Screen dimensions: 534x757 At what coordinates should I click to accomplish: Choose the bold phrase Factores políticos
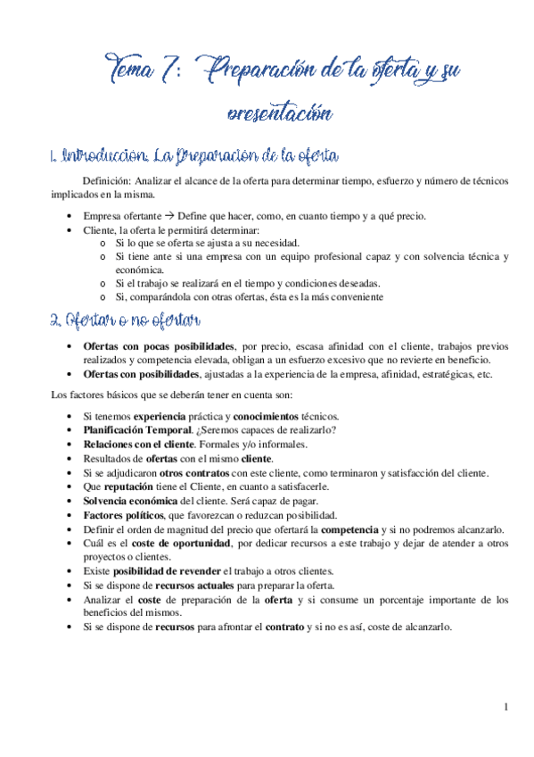click(122, 515)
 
